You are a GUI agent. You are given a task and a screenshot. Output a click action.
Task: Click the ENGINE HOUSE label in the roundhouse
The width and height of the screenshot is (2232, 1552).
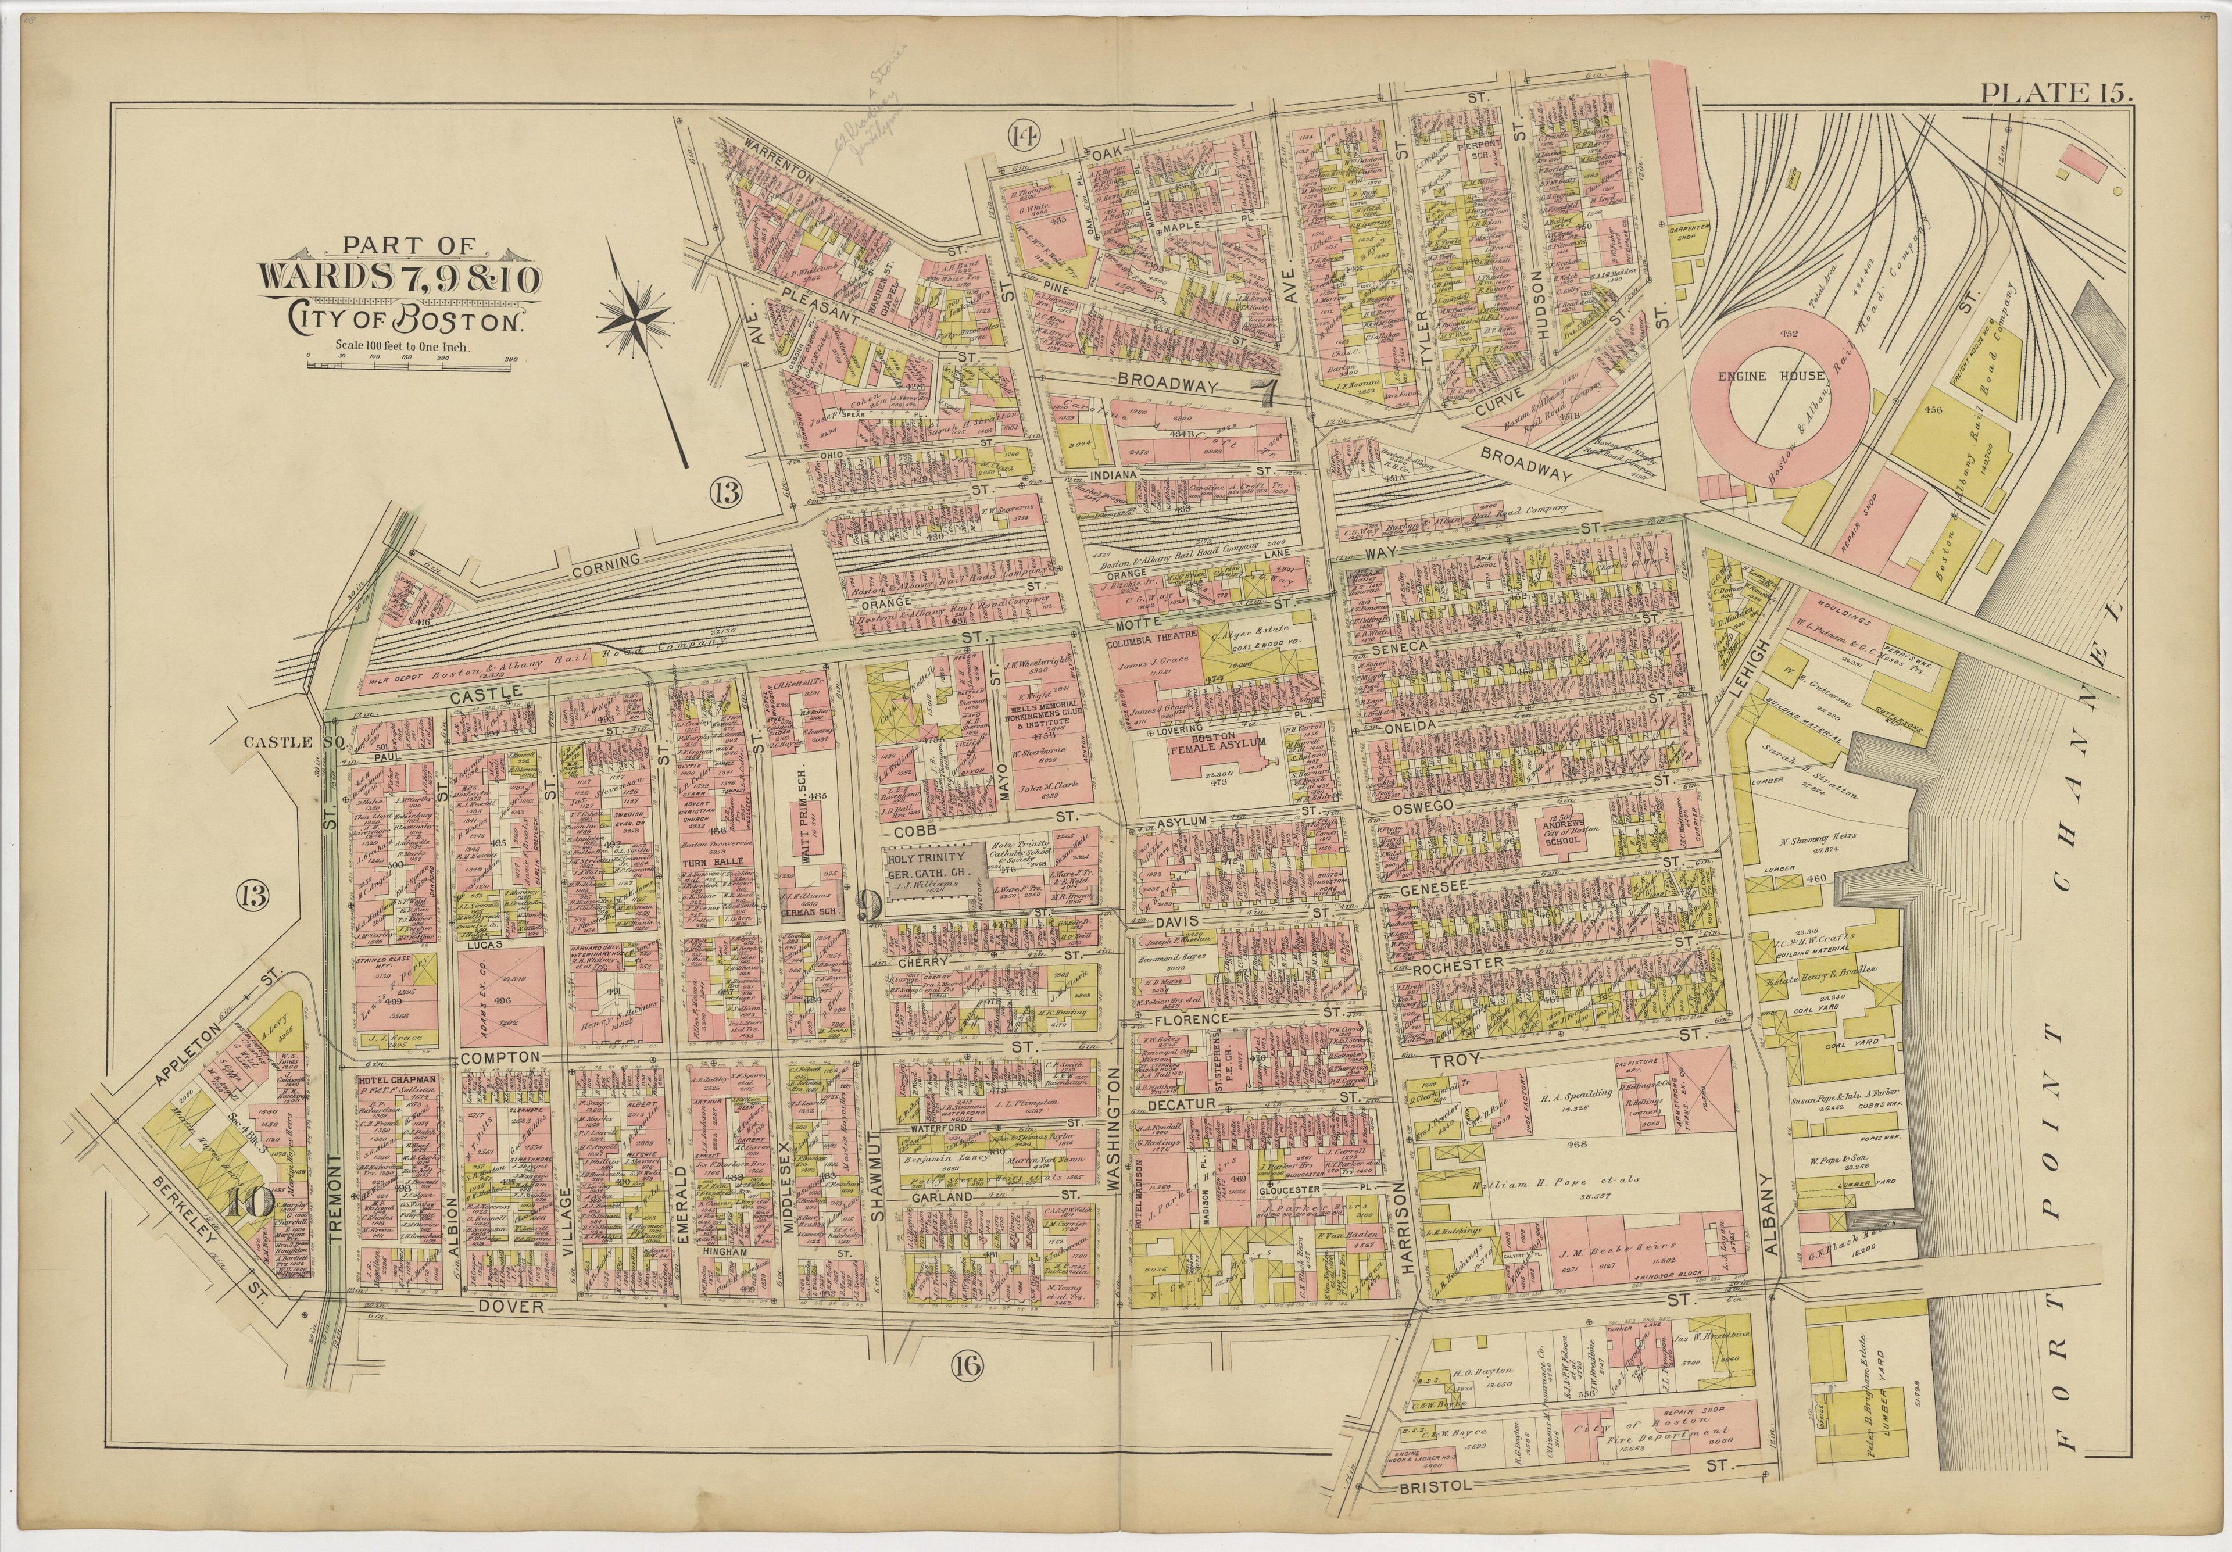[x=1762, y=376]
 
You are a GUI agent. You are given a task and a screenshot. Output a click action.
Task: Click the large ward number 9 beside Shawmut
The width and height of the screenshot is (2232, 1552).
[x=867, y=906]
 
